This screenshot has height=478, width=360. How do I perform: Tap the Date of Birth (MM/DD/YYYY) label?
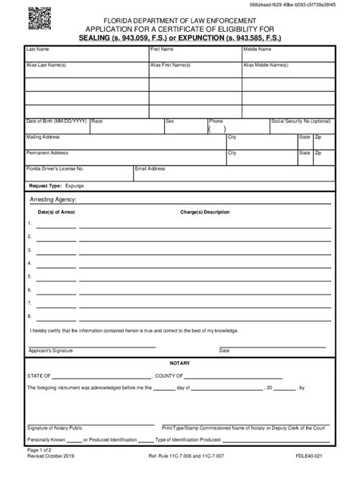coord(57,121)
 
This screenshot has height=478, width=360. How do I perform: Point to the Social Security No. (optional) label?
coord(301,121)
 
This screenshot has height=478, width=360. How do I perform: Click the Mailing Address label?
coord(43,137)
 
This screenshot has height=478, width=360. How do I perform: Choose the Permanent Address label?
coord(47,153)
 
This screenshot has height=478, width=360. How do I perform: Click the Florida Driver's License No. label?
coord(55,168)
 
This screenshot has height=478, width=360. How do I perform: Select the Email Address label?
coord(150,168)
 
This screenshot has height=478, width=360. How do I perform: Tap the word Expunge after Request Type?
coord(75,184)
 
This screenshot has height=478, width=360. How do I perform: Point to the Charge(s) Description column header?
coord(204,212)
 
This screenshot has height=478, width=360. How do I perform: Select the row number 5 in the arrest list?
coord(29,277)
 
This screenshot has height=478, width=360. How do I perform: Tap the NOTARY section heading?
coord(180,363)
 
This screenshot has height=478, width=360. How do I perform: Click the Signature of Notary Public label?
coord(55,428)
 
